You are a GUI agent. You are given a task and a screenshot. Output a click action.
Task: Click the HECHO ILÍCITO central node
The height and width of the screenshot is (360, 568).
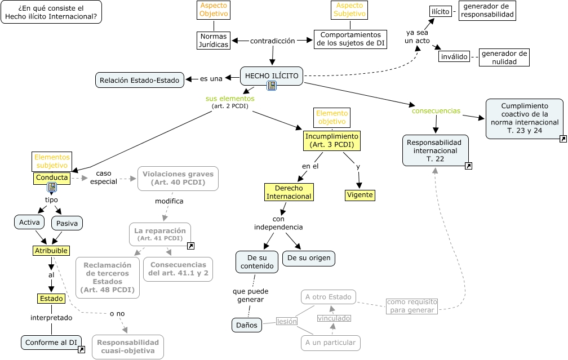pyautogui.click(x=272, y=76)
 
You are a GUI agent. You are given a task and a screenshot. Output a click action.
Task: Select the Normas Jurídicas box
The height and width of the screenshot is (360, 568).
pyautogui.click(x=214, y=41)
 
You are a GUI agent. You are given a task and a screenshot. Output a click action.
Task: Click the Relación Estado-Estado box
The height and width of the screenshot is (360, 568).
pyautogui.click(x=140, y=80)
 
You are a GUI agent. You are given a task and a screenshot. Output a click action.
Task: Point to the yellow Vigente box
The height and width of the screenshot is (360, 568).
pyautogui.click(x=360, y=195)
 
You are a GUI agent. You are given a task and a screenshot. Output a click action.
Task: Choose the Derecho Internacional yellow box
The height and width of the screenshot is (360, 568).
pyautogui.click(x=289, y=192)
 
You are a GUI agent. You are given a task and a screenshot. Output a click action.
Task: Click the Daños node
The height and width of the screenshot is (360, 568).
pyautogui.click(x=247, y=325)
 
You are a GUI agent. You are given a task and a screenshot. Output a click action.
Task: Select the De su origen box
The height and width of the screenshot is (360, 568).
pyautogui.click(x=309, y=258)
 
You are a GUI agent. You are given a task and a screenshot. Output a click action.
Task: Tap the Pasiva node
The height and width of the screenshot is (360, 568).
pyautogui.click(x=67, y=223)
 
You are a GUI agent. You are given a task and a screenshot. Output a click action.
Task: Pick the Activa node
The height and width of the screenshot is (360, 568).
pyautogui.click(x=29, y=222)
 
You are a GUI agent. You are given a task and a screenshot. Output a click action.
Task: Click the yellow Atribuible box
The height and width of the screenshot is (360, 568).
pyautogui.click(x=51, y=250)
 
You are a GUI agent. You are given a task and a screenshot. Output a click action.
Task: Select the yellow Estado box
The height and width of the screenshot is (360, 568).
pyautogui.click(x=51, y=298)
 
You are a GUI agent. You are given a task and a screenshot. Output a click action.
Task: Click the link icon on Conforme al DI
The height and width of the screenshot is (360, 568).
pyautogui.click(x=81, y=350)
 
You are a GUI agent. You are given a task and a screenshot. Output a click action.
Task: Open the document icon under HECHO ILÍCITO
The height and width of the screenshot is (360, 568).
pyautogui.click(x=272, y=86)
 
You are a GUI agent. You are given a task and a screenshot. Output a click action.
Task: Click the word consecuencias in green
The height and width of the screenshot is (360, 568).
pyautogui.click(x=436, y=110)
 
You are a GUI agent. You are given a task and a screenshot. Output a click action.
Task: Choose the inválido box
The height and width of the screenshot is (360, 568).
pyautogui.click(x=454, y=57)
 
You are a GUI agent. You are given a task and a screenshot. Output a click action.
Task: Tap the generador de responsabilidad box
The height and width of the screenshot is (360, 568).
pyautogui.click(x=487, y=10)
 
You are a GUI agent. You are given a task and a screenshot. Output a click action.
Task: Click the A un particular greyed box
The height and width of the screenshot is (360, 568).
pyautogui.click(x=330, y=342)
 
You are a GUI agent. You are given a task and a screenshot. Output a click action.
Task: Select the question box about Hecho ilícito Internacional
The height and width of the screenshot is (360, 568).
pyautogui.click(x=52, y=12)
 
